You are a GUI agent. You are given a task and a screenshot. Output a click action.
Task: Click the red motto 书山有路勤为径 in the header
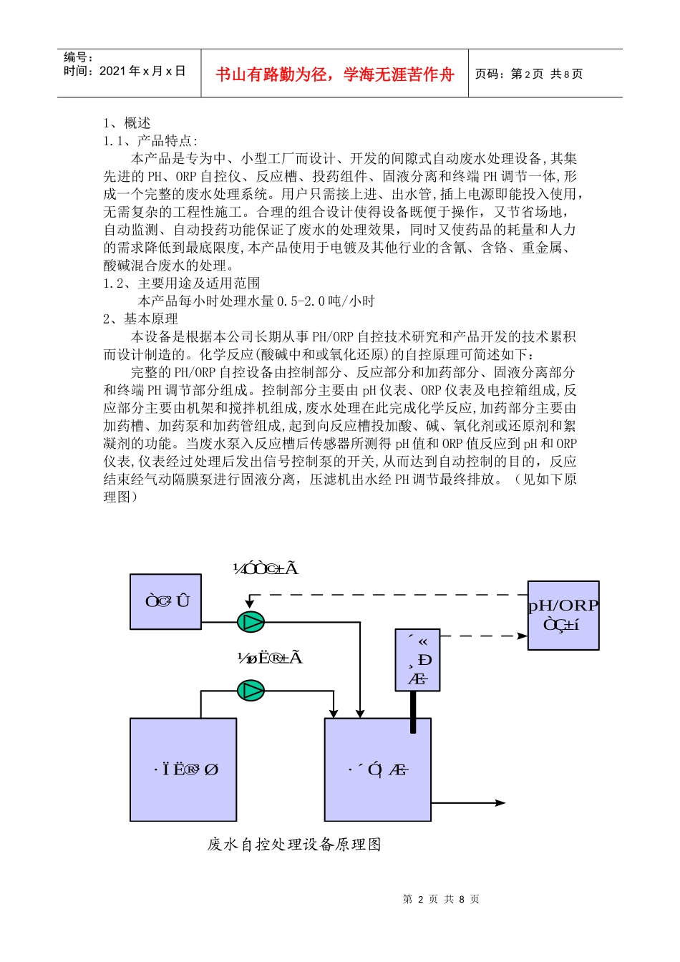coord(334,74)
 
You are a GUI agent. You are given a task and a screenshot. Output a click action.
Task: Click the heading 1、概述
coord(127,123)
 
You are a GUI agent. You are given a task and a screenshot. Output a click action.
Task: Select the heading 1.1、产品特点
coord(150,141)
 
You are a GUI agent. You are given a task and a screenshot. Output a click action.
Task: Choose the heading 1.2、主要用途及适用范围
coord(182,283)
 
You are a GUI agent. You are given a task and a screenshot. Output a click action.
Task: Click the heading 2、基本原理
coord(140,319)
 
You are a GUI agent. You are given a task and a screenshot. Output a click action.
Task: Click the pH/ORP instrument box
coord(563,616)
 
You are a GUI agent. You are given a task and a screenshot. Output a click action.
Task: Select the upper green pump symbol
coord(251,622)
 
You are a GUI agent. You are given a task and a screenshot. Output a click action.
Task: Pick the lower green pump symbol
coord(251,691)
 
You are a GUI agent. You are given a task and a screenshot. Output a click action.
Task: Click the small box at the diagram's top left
coord(165,602)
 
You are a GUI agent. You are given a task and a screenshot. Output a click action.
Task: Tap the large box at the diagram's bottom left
coord(183,769)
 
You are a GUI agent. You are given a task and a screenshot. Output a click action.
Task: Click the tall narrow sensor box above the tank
coord(417,660)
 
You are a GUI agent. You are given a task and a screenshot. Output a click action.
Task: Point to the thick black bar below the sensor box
coord(413,712)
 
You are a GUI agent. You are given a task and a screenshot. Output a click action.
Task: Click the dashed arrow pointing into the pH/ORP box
coord(487,636)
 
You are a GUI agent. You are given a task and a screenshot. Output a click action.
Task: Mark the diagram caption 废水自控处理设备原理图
coord(294,845)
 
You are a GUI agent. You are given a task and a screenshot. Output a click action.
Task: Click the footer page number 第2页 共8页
coord(441,900)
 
